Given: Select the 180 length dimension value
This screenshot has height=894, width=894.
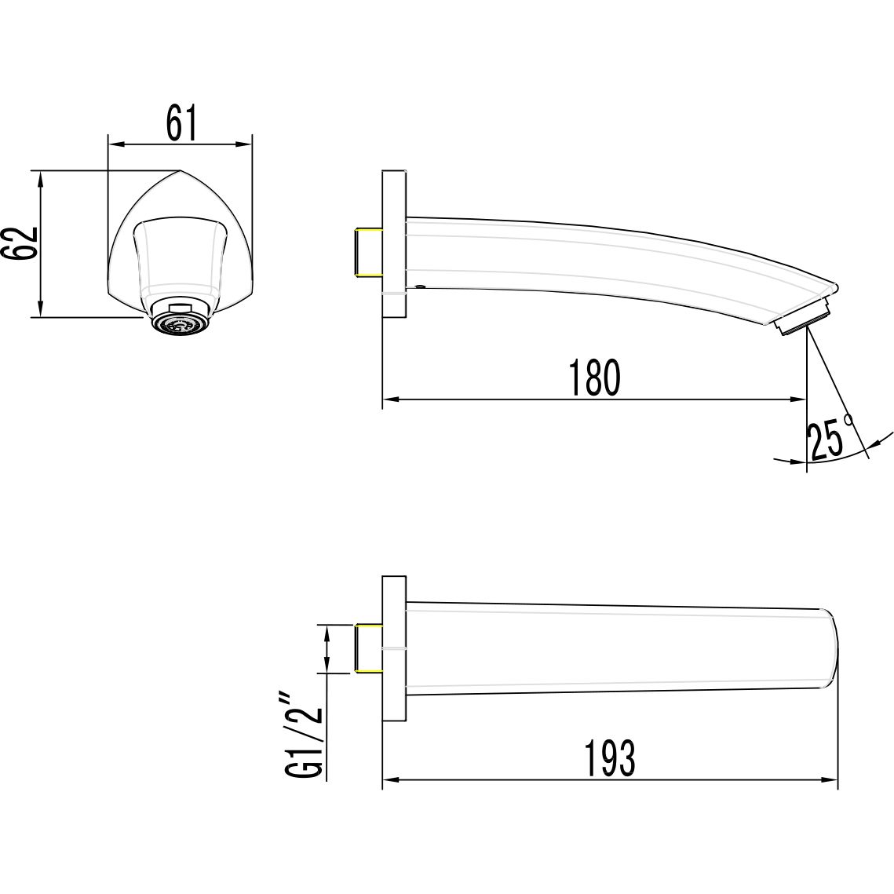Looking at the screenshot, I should (x=594, y=378).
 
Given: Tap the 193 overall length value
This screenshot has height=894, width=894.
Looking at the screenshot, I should (x=608, y=758).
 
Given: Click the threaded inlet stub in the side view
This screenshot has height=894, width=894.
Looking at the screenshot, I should (x=368, y=253).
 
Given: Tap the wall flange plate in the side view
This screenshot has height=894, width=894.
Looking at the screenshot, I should (x=394, y=244).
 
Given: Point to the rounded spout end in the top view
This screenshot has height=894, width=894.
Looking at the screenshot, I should (x=830, y=648).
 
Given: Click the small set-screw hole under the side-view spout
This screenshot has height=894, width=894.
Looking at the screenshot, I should (x=419, y=287).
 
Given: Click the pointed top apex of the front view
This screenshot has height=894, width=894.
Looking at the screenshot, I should (x=180, y=170).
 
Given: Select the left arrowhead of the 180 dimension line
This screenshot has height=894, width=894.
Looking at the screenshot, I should (x=388, y=400).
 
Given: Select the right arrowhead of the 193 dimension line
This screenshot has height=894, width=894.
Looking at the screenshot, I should (x=831, y=780).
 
